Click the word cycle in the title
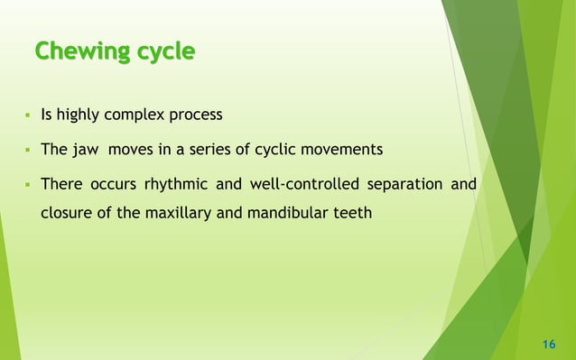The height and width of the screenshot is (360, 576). [x=165, y=52]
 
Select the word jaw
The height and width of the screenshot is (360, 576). [x=96, y=150]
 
